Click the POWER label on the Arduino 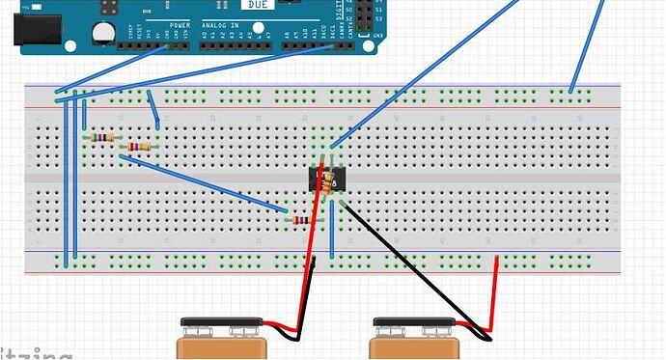click(180, 25)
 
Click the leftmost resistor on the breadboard click(100, 138)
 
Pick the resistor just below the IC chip click(302, 220)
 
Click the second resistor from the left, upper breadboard click(140, 147)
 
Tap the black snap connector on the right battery click(413, 322)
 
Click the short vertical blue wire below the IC click(331, 232)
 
